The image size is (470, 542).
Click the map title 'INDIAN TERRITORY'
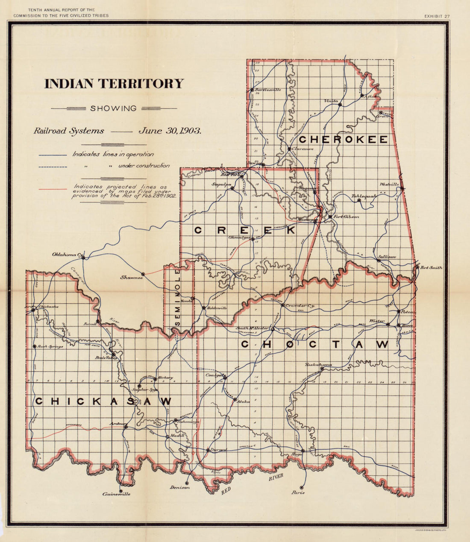(114, 84)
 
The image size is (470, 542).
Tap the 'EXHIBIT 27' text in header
(437, 16)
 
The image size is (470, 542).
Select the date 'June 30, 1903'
(170, 131)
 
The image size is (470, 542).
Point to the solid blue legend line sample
(53, 155)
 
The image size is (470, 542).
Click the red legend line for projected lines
(53, 189)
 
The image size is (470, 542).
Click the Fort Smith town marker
(417, 267)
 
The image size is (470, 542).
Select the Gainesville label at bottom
(116, 494)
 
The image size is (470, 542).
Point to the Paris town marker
(302, 487)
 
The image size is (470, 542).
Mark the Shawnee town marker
(143, 274)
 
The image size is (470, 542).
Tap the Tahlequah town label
(364, 196)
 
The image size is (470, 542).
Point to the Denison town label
(179, 487)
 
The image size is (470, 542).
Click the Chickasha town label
(48, 306)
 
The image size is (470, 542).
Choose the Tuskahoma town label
(318, 364)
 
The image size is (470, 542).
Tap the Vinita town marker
(340, 105)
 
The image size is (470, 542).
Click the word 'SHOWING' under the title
(113, 108)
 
